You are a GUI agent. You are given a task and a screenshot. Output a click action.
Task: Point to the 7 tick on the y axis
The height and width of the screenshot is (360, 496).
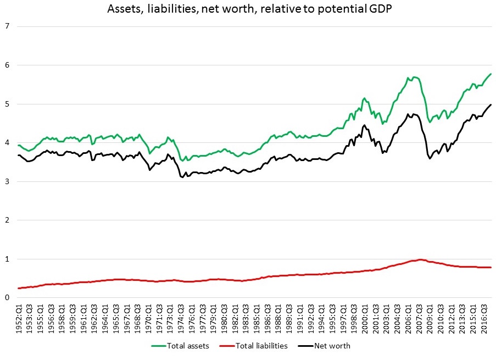coord(7,26)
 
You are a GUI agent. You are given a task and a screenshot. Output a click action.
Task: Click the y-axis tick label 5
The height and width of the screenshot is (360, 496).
coord(7,104)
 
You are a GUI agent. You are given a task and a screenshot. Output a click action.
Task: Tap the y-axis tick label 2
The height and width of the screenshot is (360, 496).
coord(7,220)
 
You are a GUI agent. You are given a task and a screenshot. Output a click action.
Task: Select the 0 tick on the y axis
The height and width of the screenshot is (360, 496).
coord(7,298)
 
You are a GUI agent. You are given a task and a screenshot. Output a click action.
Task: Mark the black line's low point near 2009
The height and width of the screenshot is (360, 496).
coord(430,158)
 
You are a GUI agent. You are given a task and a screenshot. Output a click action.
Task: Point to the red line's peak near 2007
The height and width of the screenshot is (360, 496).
coord(420,259)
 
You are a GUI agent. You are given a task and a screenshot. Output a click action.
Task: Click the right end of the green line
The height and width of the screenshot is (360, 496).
coord(491,74)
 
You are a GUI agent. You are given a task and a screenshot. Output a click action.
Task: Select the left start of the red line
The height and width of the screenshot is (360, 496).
coord(18,288)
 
